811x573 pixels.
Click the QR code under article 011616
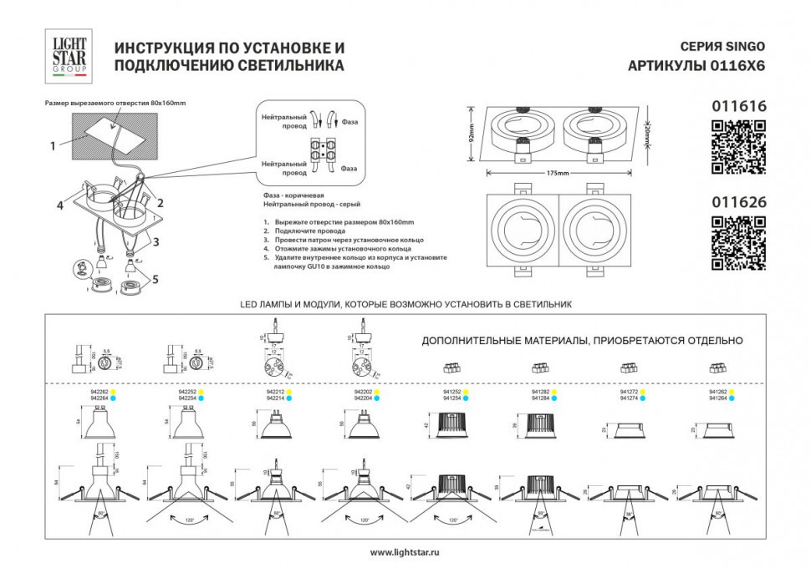click(738, 147)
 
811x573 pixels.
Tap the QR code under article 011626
click(738, 243)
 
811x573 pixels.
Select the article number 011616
click(738, 106)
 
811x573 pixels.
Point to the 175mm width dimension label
click(558, 174)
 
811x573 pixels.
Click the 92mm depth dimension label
click(472, 134)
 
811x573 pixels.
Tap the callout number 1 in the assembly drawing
click(52, 145)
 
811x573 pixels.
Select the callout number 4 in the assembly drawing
click(60, 204)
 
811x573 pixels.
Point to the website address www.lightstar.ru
click(405, 552)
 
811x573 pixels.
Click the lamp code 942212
click(274, 391)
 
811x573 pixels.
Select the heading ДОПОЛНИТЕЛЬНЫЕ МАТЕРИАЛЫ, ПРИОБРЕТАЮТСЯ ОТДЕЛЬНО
click(582, 341)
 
